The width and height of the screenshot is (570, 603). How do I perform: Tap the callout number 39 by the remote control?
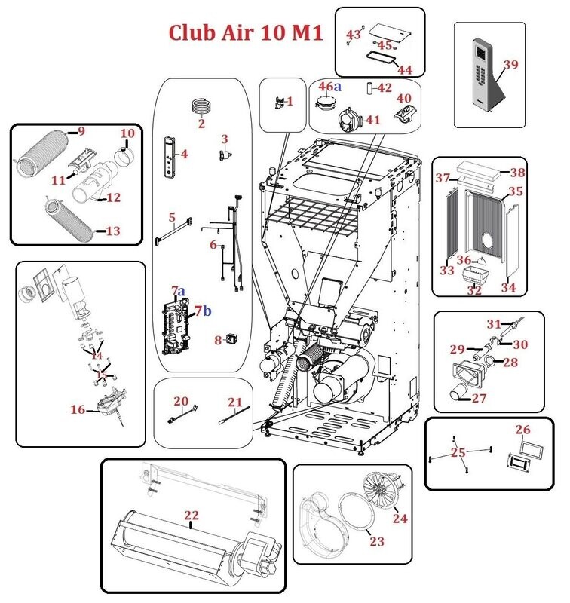point(510,65)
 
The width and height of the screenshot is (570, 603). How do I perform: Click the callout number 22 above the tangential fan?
point(192,515)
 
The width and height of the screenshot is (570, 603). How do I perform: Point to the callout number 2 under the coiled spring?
point(201,124)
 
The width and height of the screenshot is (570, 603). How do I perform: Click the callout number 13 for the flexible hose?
point(112,231)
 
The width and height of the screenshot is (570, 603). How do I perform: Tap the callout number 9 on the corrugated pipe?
point(81,132)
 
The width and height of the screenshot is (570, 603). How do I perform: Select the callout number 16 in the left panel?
point(78,410)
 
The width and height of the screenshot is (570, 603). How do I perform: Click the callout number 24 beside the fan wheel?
point(400,519)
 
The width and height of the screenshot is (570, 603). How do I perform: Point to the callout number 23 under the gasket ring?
point(376,540)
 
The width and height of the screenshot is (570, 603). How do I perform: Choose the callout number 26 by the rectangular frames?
point(523,430)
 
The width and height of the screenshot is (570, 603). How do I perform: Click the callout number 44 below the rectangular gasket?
point(405,69)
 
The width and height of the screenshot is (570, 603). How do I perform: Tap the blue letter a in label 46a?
point(338,87)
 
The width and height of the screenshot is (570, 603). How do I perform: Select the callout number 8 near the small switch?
point(218,340)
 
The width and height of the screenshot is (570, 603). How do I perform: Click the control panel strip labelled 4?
point(169,156)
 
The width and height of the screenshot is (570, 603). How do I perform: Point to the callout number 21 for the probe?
point(235,402)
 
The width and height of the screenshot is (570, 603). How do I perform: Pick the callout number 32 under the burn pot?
point(473,290)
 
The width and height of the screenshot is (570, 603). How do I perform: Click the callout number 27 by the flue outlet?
point(480,399)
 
